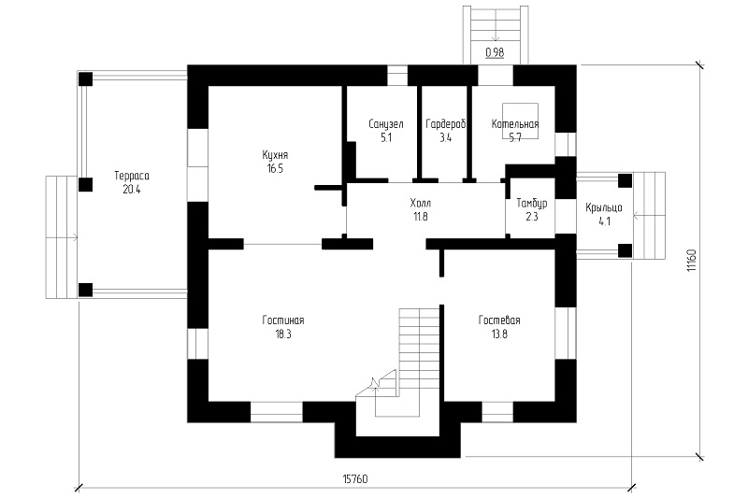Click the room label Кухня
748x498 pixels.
[x=275, y=155]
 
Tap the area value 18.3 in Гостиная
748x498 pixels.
[x=283, y=334]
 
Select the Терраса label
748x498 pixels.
[x=132, y=176]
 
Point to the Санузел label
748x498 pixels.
[x=386, y=124]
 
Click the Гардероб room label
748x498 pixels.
[x=446, y=124]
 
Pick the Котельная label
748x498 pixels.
[x=515, y=124]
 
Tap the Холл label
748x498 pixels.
[x=420, y=204]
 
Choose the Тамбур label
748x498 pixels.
[x=532, y=204]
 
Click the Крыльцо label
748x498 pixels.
[x=604, y=207]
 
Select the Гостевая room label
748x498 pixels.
[x=499, y=320]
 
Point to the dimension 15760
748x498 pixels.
[x=355, y=479]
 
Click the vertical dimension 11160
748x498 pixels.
[x=692, y=261]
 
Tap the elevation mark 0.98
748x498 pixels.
[x=495, y=52]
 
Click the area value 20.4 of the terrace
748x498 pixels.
[x=132, y=189]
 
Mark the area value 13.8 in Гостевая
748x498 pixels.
[x=499, y=334]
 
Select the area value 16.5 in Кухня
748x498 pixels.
[x=275, y=169]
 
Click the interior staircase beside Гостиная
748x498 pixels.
[x=406, y=363]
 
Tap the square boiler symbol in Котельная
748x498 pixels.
[x=520, y=121]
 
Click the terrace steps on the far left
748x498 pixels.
[x=62, y=236]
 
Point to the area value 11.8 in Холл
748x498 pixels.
[x=420, y=217]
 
